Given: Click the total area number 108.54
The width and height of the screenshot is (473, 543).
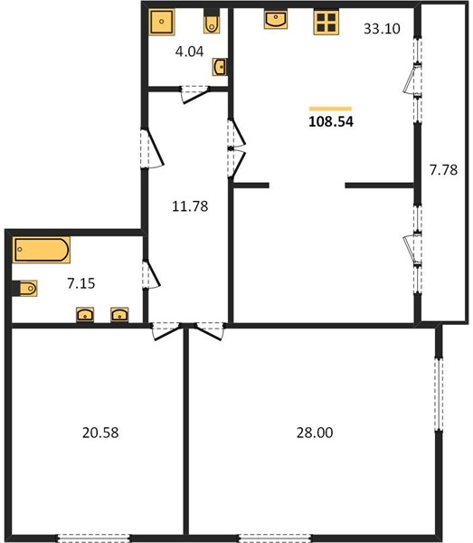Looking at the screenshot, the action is point(331,121).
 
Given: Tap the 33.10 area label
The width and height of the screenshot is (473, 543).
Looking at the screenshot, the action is point(382,29).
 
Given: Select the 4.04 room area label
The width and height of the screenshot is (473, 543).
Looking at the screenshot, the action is point(189,52).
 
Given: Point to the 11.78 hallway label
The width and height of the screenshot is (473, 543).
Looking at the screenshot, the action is point(190,206).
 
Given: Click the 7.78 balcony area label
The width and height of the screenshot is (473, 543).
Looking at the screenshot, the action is point(443,170).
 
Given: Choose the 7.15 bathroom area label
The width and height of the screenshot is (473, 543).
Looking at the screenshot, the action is point(81,283).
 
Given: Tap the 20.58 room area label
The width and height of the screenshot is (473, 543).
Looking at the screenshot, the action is point(100,433).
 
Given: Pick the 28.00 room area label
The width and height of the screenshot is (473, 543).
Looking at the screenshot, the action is point(315,433).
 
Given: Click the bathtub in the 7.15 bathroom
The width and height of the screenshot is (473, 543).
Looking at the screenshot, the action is point(42,250).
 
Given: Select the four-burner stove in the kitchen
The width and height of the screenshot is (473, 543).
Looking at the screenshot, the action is point(326,23).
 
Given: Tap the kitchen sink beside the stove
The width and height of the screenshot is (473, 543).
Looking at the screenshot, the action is point(276,19).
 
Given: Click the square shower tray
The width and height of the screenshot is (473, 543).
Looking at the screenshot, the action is point(162,22).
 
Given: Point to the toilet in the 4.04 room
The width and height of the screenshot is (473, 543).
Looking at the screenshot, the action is point(212,22).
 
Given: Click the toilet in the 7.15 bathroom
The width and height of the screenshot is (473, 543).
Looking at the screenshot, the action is point(25,288).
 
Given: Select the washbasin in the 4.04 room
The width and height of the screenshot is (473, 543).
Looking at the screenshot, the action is point(220,67).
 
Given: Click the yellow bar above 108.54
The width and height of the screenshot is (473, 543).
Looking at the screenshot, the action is point(330,109).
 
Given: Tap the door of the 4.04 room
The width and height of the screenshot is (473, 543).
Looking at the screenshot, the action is point(195,94).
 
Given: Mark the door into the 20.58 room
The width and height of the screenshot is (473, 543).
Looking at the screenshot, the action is point(166,330).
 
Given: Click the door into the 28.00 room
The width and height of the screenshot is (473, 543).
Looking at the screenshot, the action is point(210,330).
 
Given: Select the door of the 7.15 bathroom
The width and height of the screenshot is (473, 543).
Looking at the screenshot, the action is point(151,274).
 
